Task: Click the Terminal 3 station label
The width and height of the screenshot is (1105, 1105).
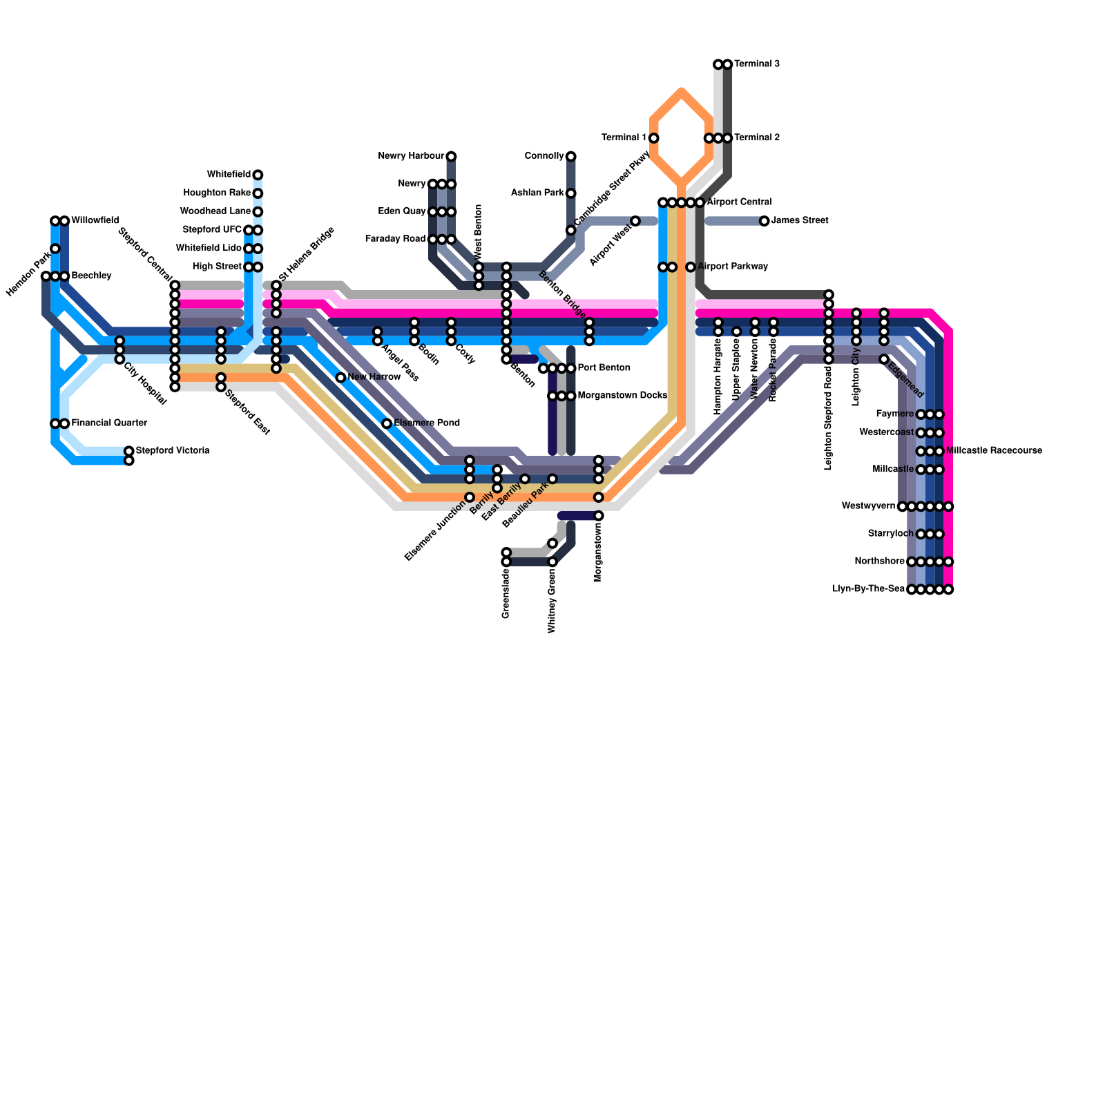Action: coord(757,64)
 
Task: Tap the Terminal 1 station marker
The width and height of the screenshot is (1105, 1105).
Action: coord(653,138)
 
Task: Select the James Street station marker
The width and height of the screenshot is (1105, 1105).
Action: coord(764,221)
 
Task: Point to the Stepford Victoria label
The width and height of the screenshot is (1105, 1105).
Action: coord(172,451)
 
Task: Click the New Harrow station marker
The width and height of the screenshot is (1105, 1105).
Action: coord(340,377)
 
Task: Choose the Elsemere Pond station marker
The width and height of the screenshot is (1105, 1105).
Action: coord(387,423)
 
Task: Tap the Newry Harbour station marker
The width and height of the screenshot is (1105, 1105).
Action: coord(451,156)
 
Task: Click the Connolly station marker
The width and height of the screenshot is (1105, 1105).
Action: coord(571,156)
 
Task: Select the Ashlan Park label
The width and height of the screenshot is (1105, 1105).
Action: coord(537,193)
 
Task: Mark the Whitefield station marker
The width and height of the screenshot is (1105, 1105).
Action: coord(258,175)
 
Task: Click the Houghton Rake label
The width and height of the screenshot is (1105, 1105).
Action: coord(217,193)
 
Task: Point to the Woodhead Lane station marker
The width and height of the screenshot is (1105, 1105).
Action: coord(258,211)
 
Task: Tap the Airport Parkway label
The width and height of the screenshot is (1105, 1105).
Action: coord(733,267)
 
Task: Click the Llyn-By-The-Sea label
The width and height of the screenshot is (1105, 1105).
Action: coord(868,589)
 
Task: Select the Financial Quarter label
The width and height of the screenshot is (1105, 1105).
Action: coord(109,423)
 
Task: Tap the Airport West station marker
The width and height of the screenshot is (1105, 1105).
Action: coord(635,221)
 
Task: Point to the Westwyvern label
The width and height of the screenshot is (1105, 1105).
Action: coord(868,506)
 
